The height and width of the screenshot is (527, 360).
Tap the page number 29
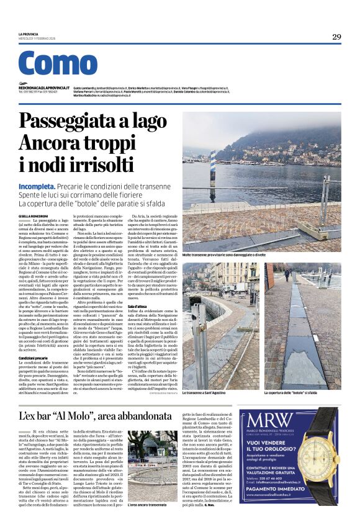coord(336,37)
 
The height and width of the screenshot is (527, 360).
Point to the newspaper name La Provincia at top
coord(29,34)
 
